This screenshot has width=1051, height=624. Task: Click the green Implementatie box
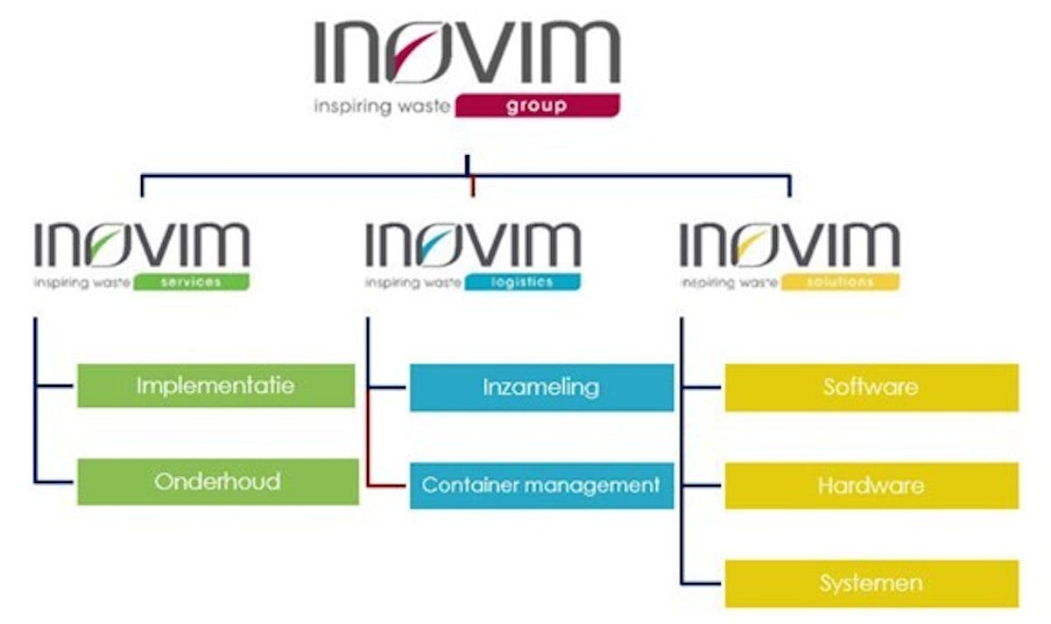pyautogui.click(x=216, y=386)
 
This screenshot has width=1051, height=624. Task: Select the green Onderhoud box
pyautogui.click(x=218, y=481)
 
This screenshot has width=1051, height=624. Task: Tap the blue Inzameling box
pyautogui.click(x=541, y=387)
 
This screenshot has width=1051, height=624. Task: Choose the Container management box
pyautogui.click(x=541, y=485)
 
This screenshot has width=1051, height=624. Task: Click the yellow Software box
pyautogui.click(x=871, y=387)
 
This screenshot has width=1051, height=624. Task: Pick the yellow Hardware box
pyautogui.click(x=871, y=486)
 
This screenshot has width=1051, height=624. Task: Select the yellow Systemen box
pyautogui.click(x=871, y=583)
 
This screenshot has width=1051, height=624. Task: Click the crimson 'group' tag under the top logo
pyautogui.click(x=537, y=107)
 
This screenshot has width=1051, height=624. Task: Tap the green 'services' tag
pyautogui.click(x=192, y=283)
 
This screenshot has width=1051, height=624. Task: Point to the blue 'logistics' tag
pyautogui.click(x=522, y=283)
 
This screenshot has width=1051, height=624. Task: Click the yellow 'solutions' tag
pyautogui.click(x=840, y=283)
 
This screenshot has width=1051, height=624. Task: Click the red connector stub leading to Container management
pyautogui.click(x=388, y=485)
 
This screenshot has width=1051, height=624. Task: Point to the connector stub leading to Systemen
pyautogui.click(x=702, y=583)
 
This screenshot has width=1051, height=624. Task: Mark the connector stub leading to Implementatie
pyautogui.click(x=56, y=386)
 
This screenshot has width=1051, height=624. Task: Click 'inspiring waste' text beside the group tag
pyautogui.click(x=382, y=107)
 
